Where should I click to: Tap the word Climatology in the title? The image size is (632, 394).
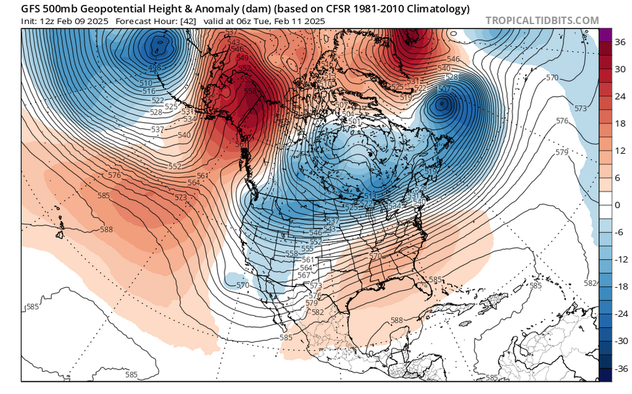(439, 9)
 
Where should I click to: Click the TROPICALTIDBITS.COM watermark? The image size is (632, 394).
(542, 20)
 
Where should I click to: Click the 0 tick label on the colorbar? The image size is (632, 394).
(618, 205)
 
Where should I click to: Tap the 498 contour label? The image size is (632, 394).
(154, 68)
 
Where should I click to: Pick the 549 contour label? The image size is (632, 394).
(242, 58)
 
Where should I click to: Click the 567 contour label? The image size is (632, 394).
(303, 275)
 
